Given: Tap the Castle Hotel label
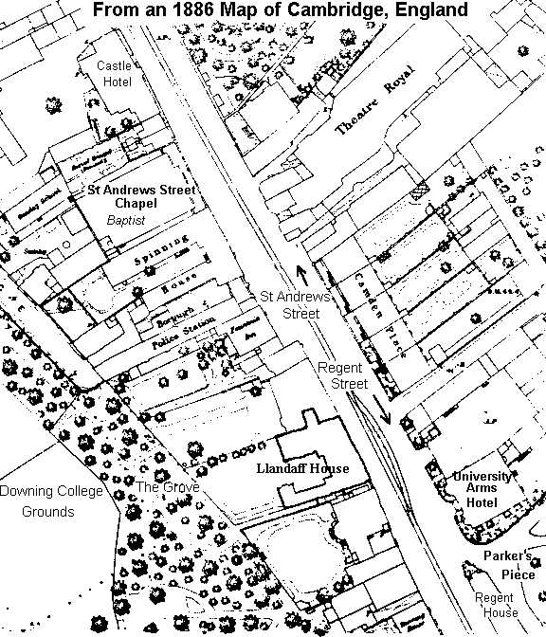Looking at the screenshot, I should pyautogui.click(x=115, y=73).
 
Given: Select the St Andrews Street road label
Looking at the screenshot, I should pyautogui.click(x=295, y=304).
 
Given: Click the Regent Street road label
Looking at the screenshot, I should pyautogui.click(x=340, y=375).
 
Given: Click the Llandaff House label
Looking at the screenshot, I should pyautogui.click(x=303, y=468).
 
